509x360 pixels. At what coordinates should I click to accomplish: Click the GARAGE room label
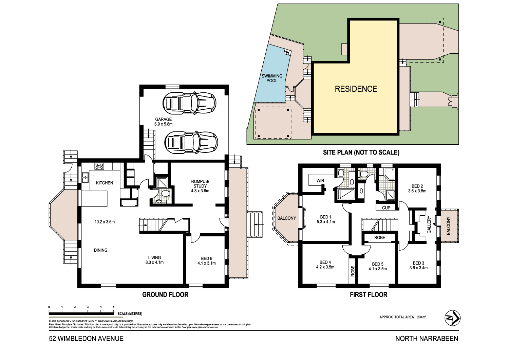click(x=163, y=119)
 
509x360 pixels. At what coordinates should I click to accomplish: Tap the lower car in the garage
click(x=191, y=142)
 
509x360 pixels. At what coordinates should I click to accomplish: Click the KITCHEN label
click(x=105, y=183)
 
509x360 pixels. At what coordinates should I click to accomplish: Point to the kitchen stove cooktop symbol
click(x=99, y=166)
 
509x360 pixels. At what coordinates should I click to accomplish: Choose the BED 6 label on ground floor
click(x=206, y=258)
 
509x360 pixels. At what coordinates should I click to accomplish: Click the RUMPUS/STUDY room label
click(x=200, y=184)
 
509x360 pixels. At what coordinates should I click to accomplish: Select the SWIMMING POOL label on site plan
click(x=272, y=78)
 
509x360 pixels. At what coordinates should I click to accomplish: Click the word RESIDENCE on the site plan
click(x=356, y=89)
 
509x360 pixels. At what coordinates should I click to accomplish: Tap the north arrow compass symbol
click(x=452, y=318)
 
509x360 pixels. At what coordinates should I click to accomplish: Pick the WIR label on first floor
click(x=320, y=181)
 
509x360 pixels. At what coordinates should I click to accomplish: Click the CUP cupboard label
click(x=386, y=208)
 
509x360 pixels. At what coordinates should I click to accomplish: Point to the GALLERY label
click(x=429, y=224)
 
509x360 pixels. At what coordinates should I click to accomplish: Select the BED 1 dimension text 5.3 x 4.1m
click(x=326, y=222)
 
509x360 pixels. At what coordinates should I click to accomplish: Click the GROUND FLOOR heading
click(x=165, y=295)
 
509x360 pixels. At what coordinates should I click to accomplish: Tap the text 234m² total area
click(x=421, y=317)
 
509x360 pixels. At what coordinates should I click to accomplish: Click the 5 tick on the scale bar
click(x=114, y=307)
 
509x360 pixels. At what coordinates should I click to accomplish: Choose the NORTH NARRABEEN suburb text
click(x=427, y=339)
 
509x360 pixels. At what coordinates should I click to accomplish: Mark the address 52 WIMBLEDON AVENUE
click(x=86, y=339)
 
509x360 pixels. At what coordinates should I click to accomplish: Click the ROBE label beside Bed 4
click(x=353, y=271)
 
